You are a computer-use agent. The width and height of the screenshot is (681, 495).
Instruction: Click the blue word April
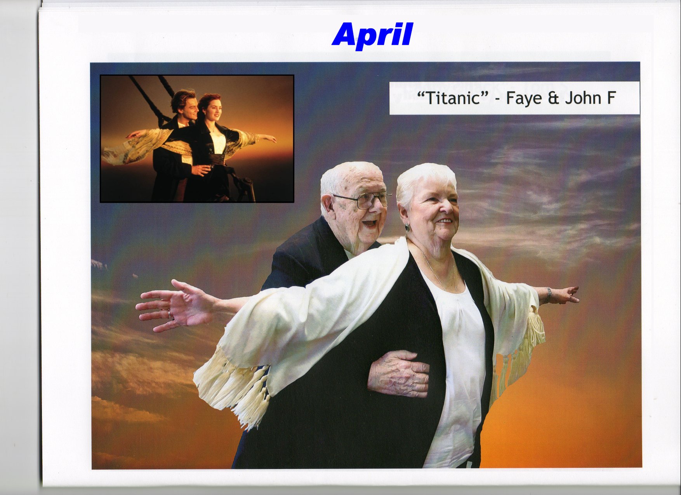(x=372, y=35)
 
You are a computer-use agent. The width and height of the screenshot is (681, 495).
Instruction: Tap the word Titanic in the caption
(x=453, y=98)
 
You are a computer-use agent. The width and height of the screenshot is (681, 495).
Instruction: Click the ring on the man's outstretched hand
(x=169, y=313)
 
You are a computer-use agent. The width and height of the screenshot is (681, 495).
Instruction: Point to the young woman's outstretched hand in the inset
(x=269, y=138)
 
